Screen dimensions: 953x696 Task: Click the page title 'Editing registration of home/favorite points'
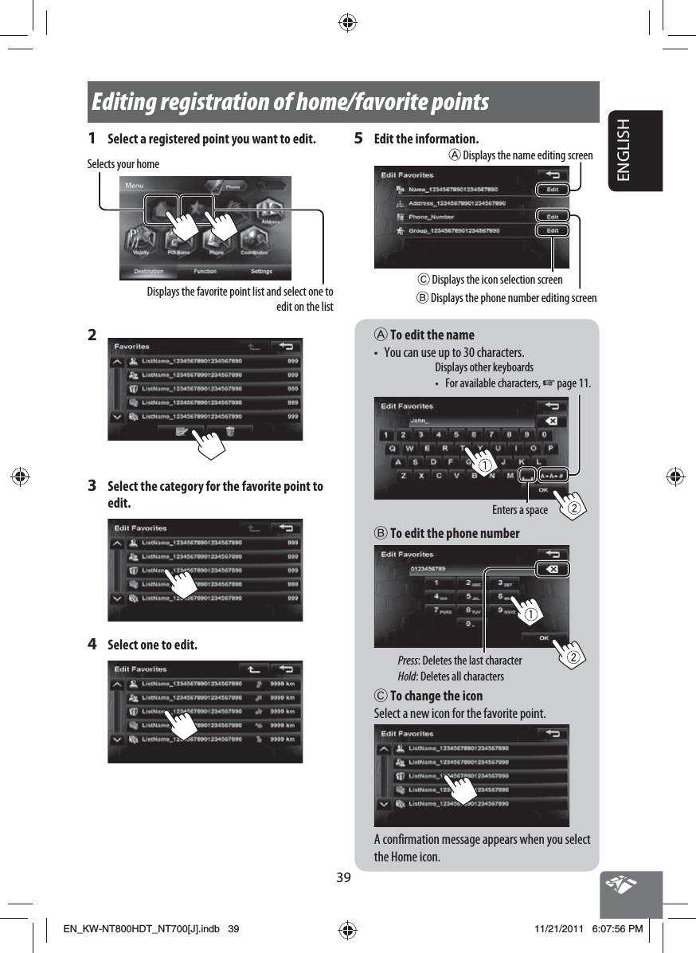point(291,103)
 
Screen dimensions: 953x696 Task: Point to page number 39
point(343,878)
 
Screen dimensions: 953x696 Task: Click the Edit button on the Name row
point(552,190)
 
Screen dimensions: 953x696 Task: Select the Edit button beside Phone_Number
point(552,216)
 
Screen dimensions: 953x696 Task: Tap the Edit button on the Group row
point(552,230)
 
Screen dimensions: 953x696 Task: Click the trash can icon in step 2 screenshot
point(230,431)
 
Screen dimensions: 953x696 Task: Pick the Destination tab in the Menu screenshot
point(149,272)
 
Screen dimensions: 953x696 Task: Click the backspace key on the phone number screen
point(553,569)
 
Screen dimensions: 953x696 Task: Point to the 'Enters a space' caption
point(519,510)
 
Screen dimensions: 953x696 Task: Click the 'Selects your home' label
point(123,164)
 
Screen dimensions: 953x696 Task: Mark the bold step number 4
point(92,644)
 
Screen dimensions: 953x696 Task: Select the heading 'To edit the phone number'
point(454,533)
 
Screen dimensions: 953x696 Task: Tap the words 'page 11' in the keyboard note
point(573,383)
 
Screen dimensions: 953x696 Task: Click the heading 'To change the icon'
point(436,696)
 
